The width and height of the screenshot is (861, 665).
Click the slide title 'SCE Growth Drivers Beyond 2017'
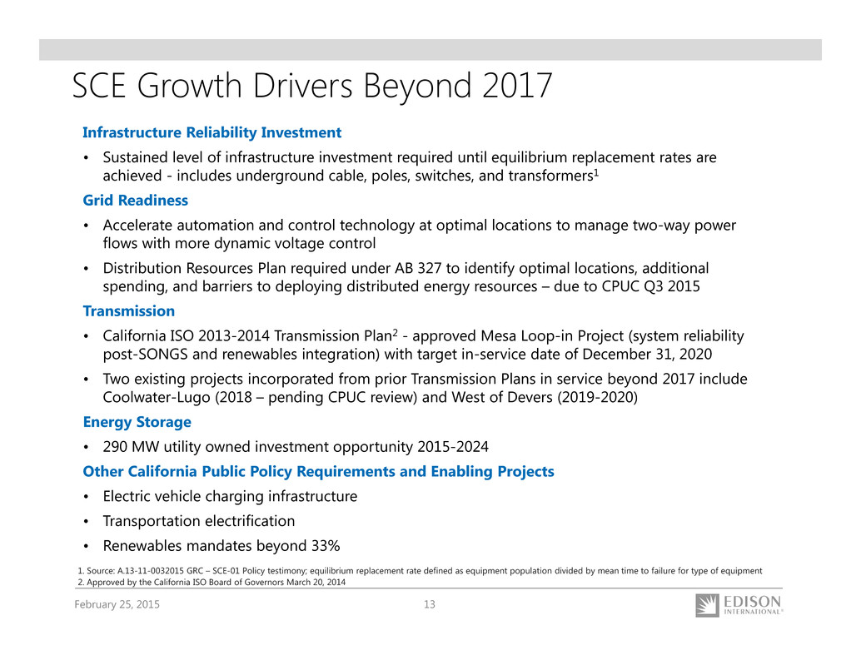312,87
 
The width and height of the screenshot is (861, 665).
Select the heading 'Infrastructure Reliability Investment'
212,133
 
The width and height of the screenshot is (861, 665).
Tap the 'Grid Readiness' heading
135,201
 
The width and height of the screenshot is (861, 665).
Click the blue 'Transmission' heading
128,311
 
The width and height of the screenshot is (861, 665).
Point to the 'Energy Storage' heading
137,422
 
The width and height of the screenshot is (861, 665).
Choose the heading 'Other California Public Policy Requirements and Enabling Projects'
318,472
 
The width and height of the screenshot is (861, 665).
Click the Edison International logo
739,605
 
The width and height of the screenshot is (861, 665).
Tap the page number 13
430,604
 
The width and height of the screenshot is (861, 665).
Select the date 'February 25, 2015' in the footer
117,604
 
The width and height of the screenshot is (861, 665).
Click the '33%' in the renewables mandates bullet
325,546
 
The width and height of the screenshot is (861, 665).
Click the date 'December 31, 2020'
647,355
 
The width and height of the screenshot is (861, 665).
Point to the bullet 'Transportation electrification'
199,521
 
